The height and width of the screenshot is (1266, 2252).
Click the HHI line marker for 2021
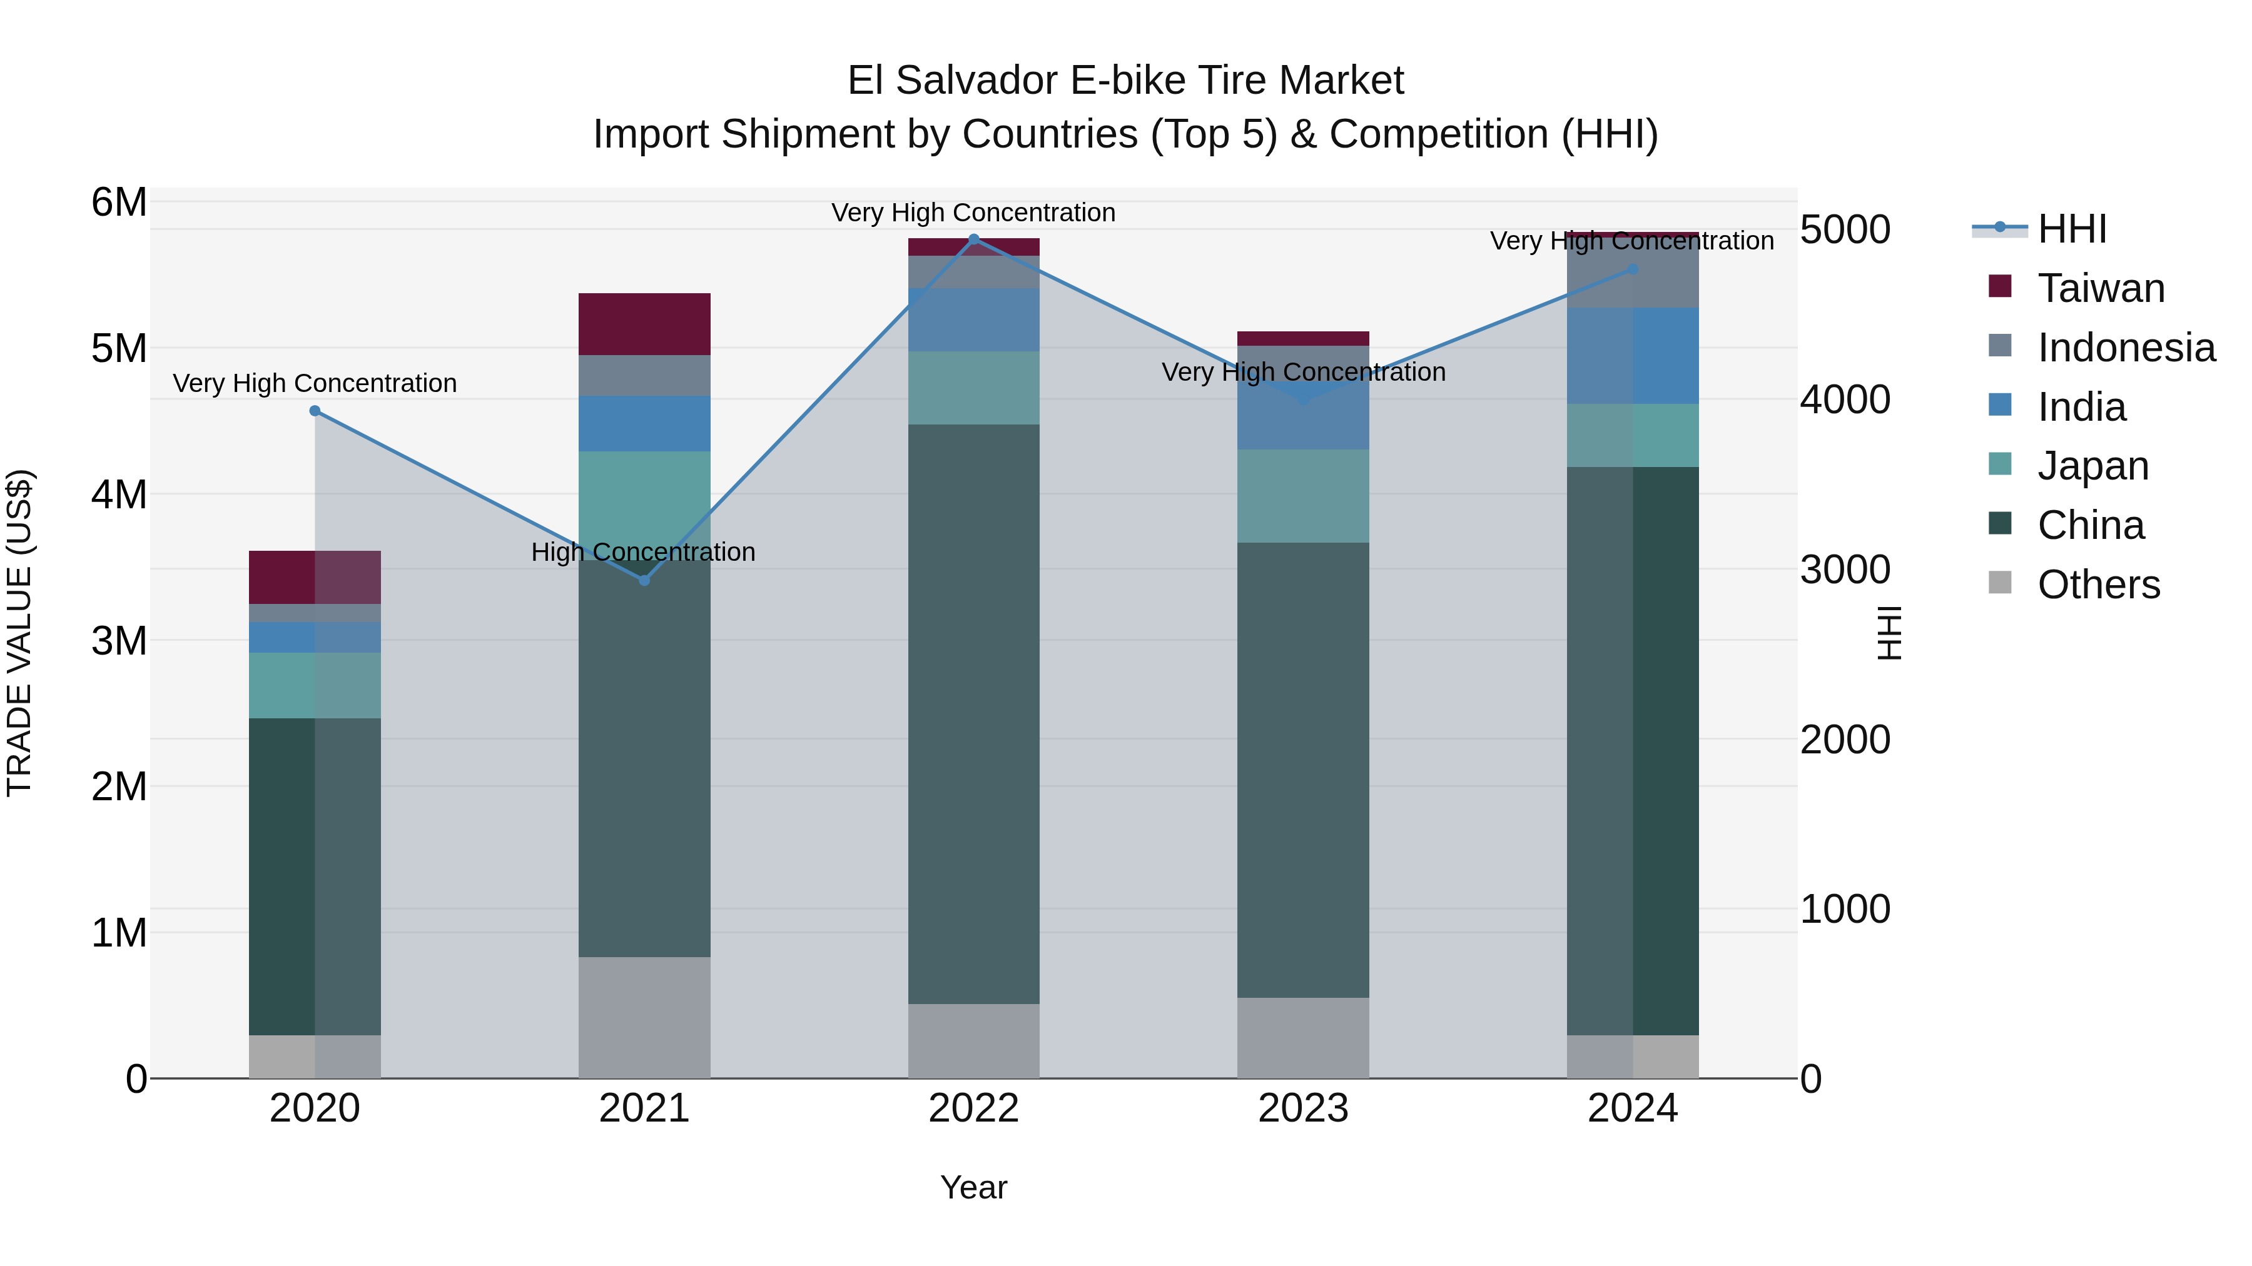[x=644, y=580]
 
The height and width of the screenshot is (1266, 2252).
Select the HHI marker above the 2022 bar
[x=974, y=239]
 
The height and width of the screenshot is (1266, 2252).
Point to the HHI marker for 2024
[x=1632, y=269]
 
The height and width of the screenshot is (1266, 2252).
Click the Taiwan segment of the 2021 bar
[x=644, y=324]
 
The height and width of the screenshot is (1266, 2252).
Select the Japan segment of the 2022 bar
[x=974, y=388]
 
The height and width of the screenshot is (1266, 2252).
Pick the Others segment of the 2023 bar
[x=1302, y=1037]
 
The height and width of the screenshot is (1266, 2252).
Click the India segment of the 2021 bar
[x=644, y=424]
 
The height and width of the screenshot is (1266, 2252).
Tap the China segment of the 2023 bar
[x=1302, y=769]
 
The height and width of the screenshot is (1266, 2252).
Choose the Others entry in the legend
[x=2097, y=585]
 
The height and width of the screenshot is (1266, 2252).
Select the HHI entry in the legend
[x=2071, y=229]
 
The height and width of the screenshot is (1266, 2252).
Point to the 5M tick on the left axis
[x=119, y=349]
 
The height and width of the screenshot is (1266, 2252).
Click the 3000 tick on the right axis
[x=1845, y=570]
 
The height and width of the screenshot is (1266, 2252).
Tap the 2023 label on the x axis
[x=1302, y=1108]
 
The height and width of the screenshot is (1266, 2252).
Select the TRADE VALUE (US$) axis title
[x=19, y=633]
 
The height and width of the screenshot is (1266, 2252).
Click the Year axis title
[x=973, y=1187]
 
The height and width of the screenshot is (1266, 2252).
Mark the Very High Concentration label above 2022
[x=973, y=213]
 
